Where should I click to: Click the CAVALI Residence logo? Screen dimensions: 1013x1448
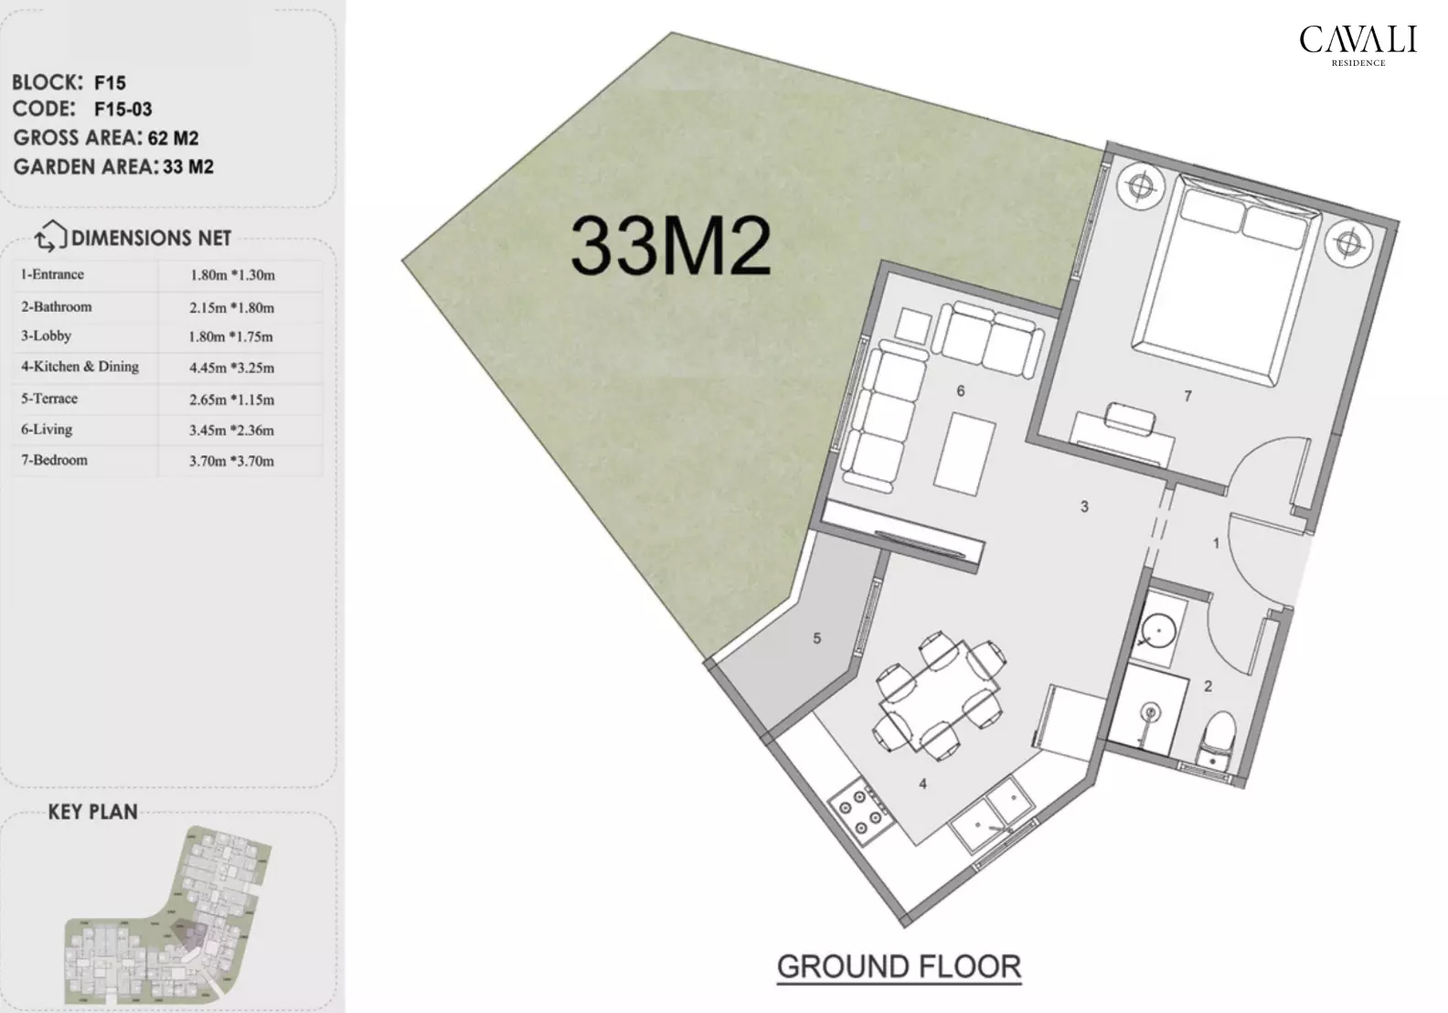point(1357,45)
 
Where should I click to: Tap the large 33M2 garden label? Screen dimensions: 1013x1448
point(670,247)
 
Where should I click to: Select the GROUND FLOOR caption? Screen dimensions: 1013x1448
point(899,967)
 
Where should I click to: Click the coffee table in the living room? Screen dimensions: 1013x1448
point(964,451)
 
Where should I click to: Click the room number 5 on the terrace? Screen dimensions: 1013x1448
point(817,638)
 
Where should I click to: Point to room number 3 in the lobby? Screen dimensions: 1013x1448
point(1084,506)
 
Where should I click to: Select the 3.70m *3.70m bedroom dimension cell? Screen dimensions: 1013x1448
point(231,461)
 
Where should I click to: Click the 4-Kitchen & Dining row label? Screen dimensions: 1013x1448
point(80,367)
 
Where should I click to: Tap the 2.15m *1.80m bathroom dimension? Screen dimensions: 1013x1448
point(231,307)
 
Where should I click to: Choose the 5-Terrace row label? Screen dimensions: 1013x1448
point(50,399)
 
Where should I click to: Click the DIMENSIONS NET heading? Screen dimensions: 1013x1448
point(151,239)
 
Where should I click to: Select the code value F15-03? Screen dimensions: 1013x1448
point(123,110)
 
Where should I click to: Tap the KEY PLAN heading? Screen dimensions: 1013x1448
point(92,812)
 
